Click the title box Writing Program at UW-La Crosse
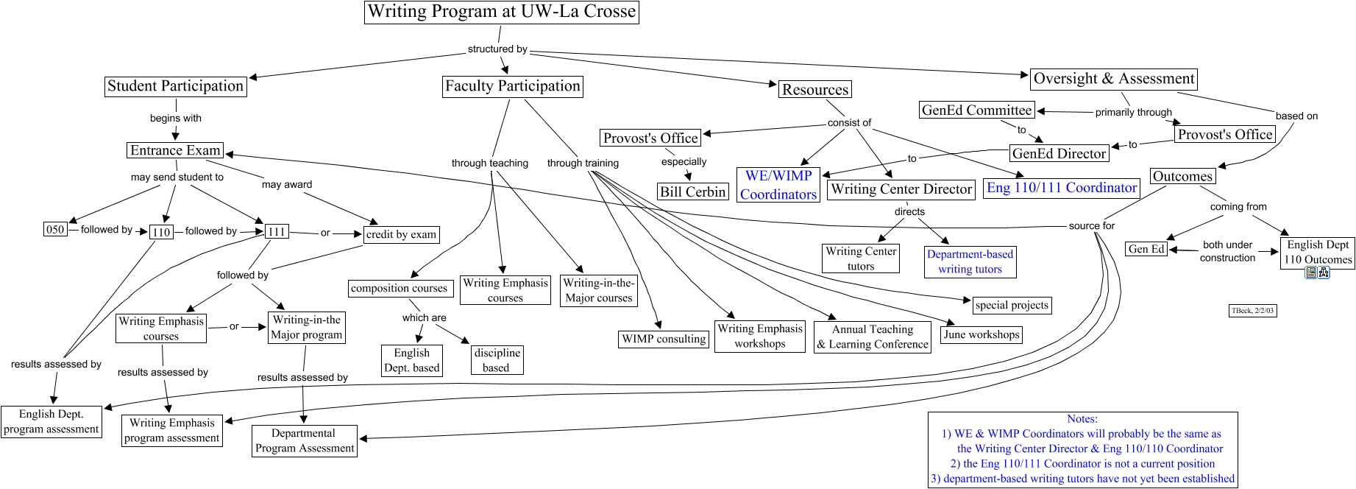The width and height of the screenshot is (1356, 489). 501,12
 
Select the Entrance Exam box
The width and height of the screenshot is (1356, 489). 175,150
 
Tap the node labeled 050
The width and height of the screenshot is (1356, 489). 55,229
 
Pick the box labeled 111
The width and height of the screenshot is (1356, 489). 277,231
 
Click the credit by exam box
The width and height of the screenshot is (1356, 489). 401,234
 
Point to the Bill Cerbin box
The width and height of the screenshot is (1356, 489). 692,191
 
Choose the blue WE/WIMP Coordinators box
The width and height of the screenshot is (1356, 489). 778,185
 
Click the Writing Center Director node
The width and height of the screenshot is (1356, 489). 901,189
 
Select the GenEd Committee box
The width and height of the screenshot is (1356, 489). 977,110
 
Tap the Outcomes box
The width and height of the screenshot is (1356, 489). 1182,176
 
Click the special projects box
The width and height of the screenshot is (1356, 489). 1012,305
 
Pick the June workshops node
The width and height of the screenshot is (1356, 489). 981,334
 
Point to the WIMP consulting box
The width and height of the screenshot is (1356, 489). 664,339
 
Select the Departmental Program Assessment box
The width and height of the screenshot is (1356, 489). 305,441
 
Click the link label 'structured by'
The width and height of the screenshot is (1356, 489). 497,49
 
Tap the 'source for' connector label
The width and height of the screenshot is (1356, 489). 1091,226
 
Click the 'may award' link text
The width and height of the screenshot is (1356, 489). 287,184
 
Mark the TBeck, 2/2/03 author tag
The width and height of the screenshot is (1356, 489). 1252,311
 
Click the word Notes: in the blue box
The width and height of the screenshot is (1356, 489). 1082,419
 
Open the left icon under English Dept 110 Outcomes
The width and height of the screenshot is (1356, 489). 1310,272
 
